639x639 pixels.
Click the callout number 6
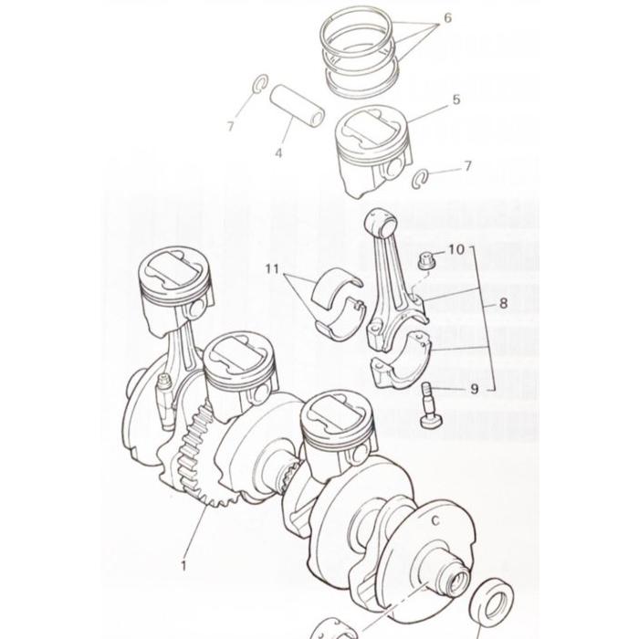click(447, 17)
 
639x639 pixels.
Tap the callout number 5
click(456, 99)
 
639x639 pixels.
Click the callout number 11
click(271, 269)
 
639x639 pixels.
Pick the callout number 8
click(502, 303)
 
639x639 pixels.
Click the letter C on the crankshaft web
click(435, 520)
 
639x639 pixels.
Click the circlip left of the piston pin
click(258, 86)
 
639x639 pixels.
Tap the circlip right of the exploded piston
click(422, 176)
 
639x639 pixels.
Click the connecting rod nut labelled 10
click(425, 262)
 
